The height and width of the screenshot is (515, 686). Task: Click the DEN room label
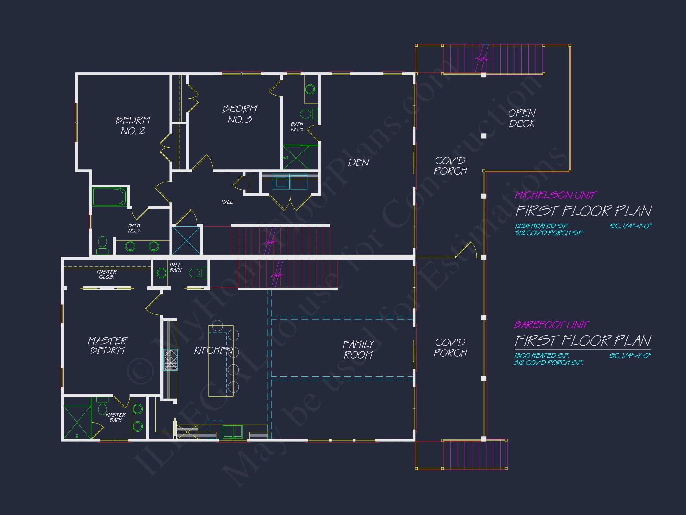pyautogui.click(x=358, y=163)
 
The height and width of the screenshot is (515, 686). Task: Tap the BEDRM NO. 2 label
pyautogui.click(x=133, y=126)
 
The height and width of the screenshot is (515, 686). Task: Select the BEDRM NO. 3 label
pyautogui.click(x=240, y=114)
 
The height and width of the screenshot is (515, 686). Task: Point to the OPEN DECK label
pyautogui.click(x=522, y=118)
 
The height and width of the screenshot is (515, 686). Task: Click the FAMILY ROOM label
pyautogui.click(x=358, y=350)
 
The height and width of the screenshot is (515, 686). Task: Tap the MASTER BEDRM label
pyautogui.click(x=107, y=345)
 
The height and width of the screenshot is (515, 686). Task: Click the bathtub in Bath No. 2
pyautogui.click(x=110, y=196)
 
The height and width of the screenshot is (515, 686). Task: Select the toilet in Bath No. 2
pyautogui.click(x=102, y=245)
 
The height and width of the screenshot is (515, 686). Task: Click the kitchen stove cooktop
pyautogui.click(x=171, y=360)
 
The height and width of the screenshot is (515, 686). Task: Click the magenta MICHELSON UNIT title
pyautogui.click(x=555, y=195)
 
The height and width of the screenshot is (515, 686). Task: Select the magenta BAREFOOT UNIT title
pyautogui.click(x=551, y=325)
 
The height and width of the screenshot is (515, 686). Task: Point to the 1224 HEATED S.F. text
pyautogui.click(x=542, y=226)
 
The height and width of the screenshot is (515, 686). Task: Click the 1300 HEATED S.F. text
pyautogui.click(x=542, y=356)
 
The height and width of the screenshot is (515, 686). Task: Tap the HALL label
pyautogui.click(x=227, y=202)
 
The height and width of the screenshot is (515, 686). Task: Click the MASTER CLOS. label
pyautogui.click(x=107, y=274)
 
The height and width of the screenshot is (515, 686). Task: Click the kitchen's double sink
pyautogui.click(x=233, y=432)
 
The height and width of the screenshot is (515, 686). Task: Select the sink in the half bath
pyautogui.click(x=161, y=273)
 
